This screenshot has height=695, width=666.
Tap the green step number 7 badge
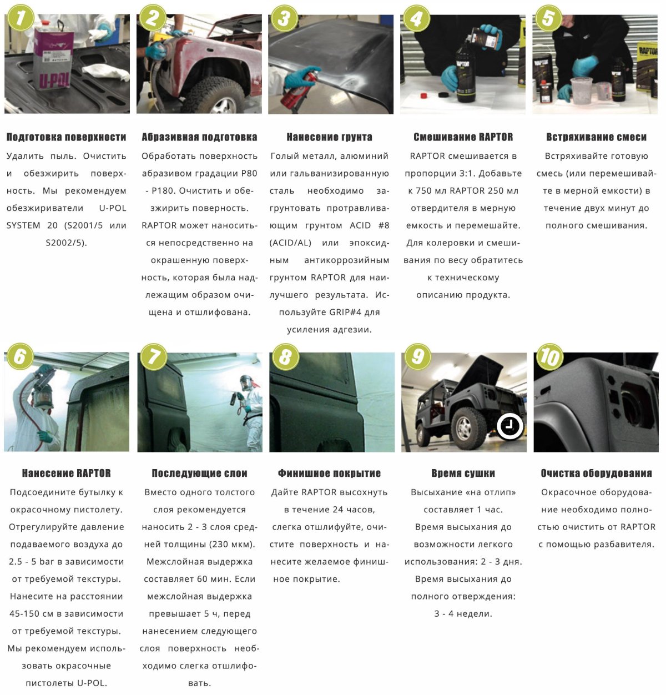(153, 356)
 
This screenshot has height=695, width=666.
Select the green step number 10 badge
(549, 356)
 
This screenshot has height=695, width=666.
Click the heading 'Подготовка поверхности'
(66, 137)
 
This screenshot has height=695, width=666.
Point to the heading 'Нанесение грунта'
(330, 137)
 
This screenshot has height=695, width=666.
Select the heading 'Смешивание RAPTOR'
(463, 137)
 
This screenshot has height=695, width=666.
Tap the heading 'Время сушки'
(463, 474)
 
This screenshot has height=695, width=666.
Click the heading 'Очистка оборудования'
(596, 474)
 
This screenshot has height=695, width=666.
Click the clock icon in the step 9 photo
(509, 426)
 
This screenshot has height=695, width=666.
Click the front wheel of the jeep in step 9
(464, 427)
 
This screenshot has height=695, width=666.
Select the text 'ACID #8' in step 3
(369, 225)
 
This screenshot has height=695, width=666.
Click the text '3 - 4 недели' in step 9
(463, 613)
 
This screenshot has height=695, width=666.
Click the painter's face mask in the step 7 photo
(245, 383)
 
